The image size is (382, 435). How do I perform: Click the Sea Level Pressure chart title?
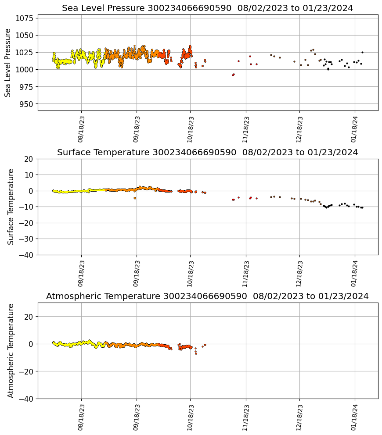pyautogui.click(x=207, y=8)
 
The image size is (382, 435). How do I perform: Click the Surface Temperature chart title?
pyautogui.click(x=207, y=153)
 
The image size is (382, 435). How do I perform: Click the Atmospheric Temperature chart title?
pyautogui.click(x=207, y=296)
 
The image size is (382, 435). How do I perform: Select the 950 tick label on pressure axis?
pyautogui.click(x=27, y=104)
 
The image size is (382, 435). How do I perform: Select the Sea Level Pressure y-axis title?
pyautogui.click(x=8, y=63)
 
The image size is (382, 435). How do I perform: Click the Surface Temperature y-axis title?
pyautogui.click(x=11, y=207)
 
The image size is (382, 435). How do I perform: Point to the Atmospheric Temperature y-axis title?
pyautogui.click(x=11, y=350)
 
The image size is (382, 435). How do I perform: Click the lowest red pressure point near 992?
pyautogui.click(x=233, y=75)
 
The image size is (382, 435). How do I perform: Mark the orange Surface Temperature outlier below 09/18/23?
pyautogui.click(x=135, y=198)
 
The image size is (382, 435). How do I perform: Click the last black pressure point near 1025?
pyautogui.click(x=362, y=52)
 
